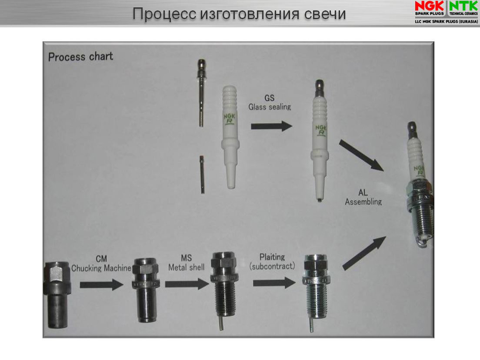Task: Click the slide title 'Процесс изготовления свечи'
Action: click(239, 14)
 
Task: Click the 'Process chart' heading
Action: click(81, 57)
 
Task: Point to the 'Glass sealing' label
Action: click(269, 107)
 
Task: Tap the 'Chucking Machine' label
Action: click(101, 268)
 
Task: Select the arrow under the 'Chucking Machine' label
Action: click(102, 285)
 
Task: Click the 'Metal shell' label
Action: click(186, 267)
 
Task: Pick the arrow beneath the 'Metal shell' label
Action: click(187, 284)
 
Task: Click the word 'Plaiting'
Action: click(272, 257)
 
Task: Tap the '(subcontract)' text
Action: click(272, 266)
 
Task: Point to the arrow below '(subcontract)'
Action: click(274, 283)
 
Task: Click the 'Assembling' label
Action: click(363, 202)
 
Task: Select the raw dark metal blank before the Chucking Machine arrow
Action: click(57, 295)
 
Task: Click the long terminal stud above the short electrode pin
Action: click(201, 93)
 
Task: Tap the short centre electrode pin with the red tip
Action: click(202, 175)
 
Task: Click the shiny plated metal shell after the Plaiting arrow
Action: click(316, 292)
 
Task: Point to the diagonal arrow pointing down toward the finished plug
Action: click(361, 155)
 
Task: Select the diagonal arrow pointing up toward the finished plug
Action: click(364, 253)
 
